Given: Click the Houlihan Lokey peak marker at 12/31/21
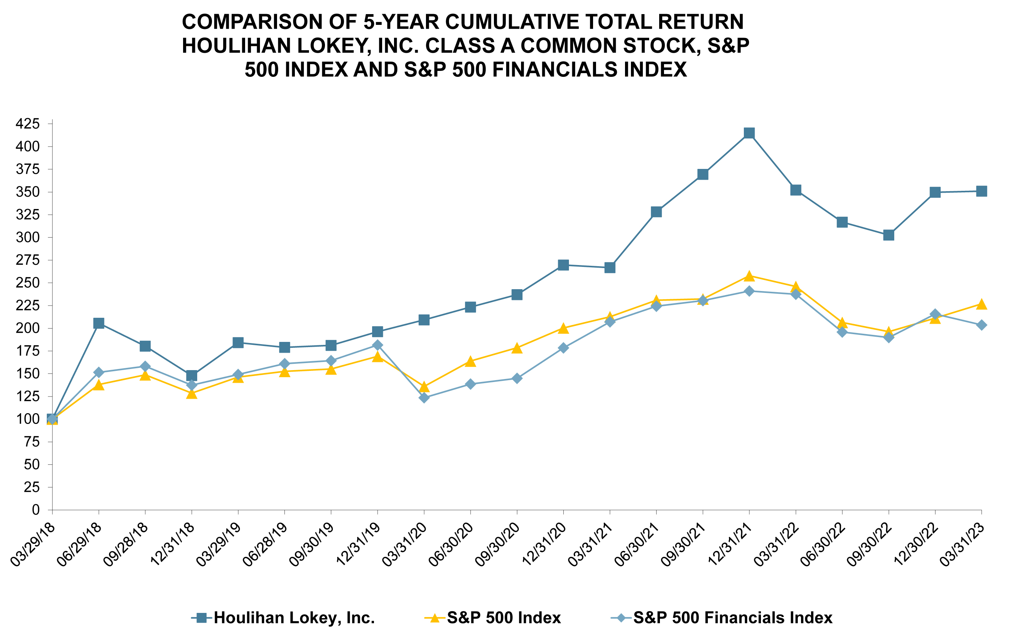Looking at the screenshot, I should pyautogui.click(x=749, y=133).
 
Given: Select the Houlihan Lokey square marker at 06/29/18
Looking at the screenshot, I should pyautogui.click(x=99, y=323).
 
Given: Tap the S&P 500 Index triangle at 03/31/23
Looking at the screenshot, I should pyautogui.click(x=982, y=304).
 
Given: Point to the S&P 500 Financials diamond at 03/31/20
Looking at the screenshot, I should pyautogui.click(x=424, y=398).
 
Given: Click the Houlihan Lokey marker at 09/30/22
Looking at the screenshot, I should pyautogui.click(x=888, y=235).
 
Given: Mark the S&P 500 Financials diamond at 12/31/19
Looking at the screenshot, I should pyautogui.click(x=378, y=345).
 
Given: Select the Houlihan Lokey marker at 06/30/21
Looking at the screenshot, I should pyautogui.click(x=656, y=212).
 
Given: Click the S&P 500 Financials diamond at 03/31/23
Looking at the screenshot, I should pyautogui.click(x=982, y=325).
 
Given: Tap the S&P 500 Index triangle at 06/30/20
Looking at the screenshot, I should pyautogui.click(x=471, y=362).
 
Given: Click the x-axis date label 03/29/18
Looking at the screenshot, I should pyautogui.click(x=33, y=545).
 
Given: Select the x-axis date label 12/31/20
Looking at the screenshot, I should pyautogui.click(x=545, y=545).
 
